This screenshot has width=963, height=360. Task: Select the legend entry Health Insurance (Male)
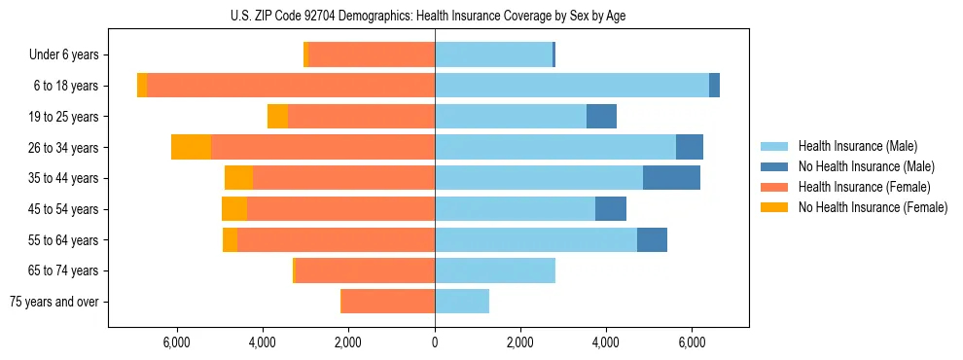pyautogui.click(x=851, y=146)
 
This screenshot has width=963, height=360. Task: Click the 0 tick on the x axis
pyautogui.click(x=435, y=343)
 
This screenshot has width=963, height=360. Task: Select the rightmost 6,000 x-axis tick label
pyautogui.click(x=692, y=343)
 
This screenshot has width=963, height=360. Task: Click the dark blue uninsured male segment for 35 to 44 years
pyautogui.click(x=671, y=178)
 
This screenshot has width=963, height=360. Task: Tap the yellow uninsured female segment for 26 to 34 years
pyautogui.click(x=192, y=147)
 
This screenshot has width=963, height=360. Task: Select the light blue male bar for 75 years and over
pyautogui.click(x=462, y=302)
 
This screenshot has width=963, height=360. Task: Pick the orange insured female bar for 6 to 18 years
pyautogui.click(x=292, y=86)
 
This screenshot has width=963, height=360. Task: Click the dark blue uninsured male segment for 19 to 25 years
pyautogui.click(x=601, y=117)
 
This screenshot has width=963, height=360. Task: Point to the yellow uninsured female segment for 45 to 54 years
pyautogui.click(x=234, y=209)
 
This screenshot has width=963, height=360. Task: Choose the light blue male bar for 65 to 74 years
pyautogui.click(x=495, y=270)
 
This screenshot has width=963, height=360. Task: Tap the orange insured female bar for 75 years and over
pyautogui.click(x=388, y=302)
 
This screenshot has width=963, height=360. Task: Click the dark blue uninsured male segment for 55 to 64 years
pyautogui.click(x=652, y=239)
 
